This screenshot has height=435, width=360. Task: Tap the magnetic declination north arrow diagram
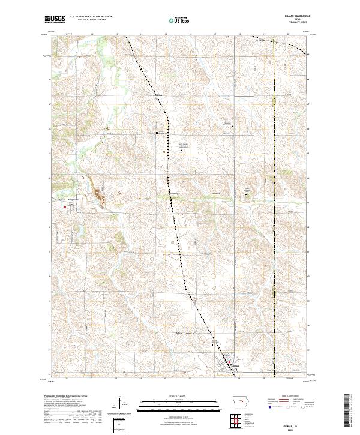tap(120, 404)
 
